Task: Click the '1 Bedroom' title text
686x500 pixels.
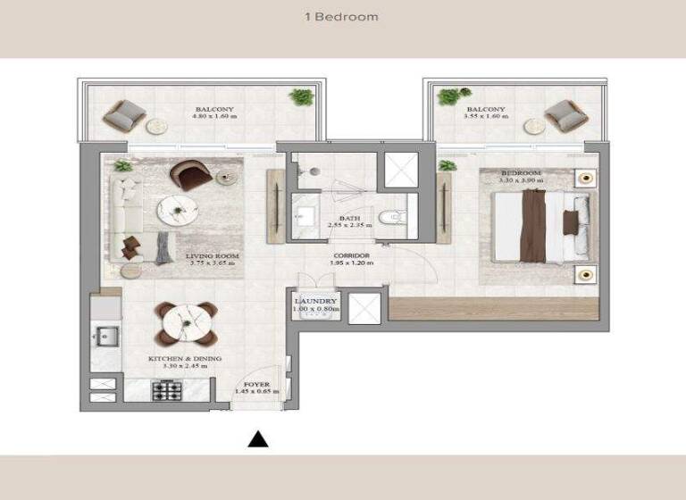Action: pyautogui.click(x=342, y=17)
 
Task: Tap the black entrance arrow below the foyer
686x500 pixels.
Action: pyautogui.click(x=258, y=438)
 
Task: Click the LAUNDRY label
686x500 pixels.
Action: pyautogui.click(x=315, y=302)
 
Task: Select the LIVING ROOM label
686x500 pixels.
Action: pyautogui.click(x=211, y=256)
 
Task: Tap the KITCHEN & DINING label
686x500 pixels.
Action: pyautogui.click(x=185, y=359)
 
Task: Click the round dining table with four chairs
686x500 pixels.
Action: pyautogui.click(x=186, y=322)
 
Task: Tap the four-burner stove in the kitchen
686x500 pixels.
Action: pyautogui.click(x=167, y=390)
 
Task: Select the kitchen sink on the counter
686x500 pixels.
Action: pyautogui.click(x=104, y=338)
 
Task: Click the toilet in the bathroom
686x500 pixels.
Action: pyautogui.click(x=394, y=217)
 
